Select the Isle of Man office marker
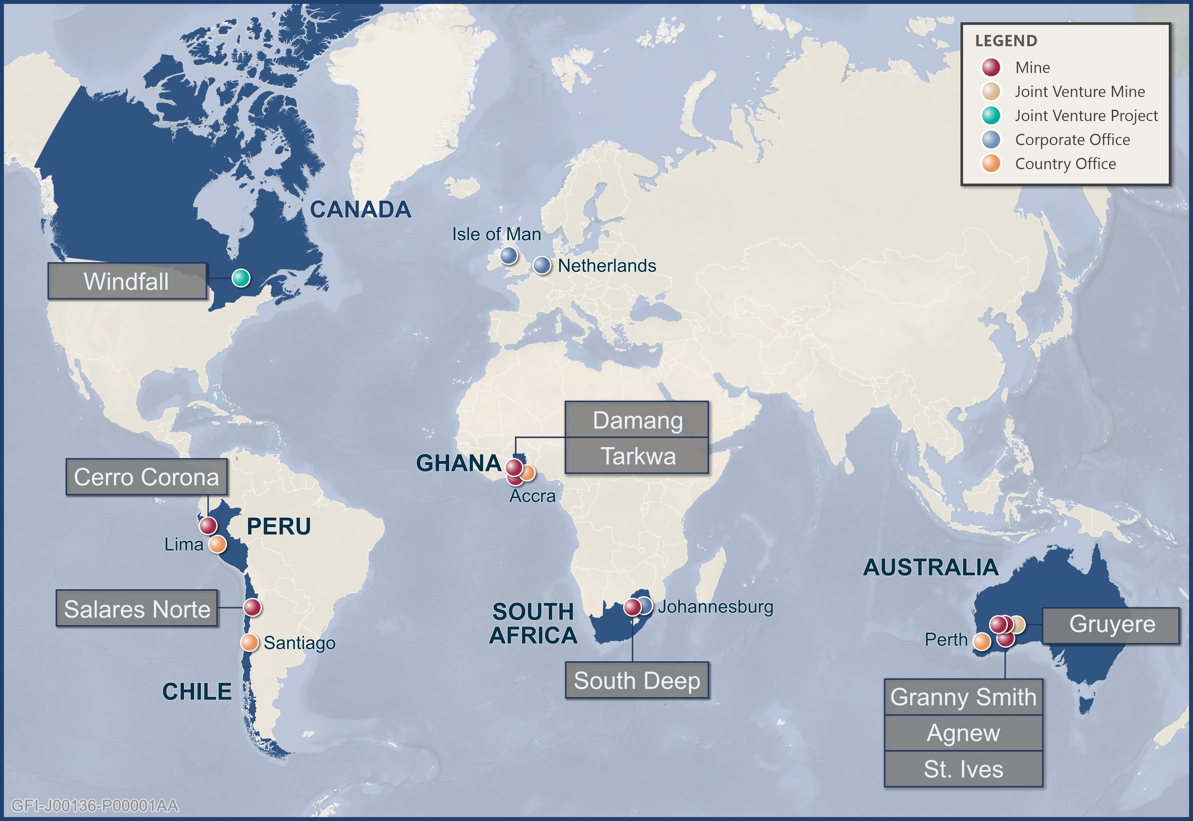(x=508, y=255)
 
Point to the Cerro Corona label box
(x=147, y=477)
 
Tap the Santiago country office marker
(x=249, y=642)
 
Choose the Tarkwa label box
(x=637, y=456)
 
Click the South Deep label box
(x=637, y=680)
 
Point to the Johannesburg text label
(x=715, y=607)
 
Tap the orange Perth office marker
(x=982, y=641)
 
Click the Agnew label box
(x=963, y=733)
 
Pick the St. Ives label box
(x=963, y=769)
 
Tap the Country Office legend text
(x=1065, y=164)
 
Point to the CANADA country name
(x=360, y=209)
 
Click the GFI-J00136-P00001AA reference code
(x=95, y=805)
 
